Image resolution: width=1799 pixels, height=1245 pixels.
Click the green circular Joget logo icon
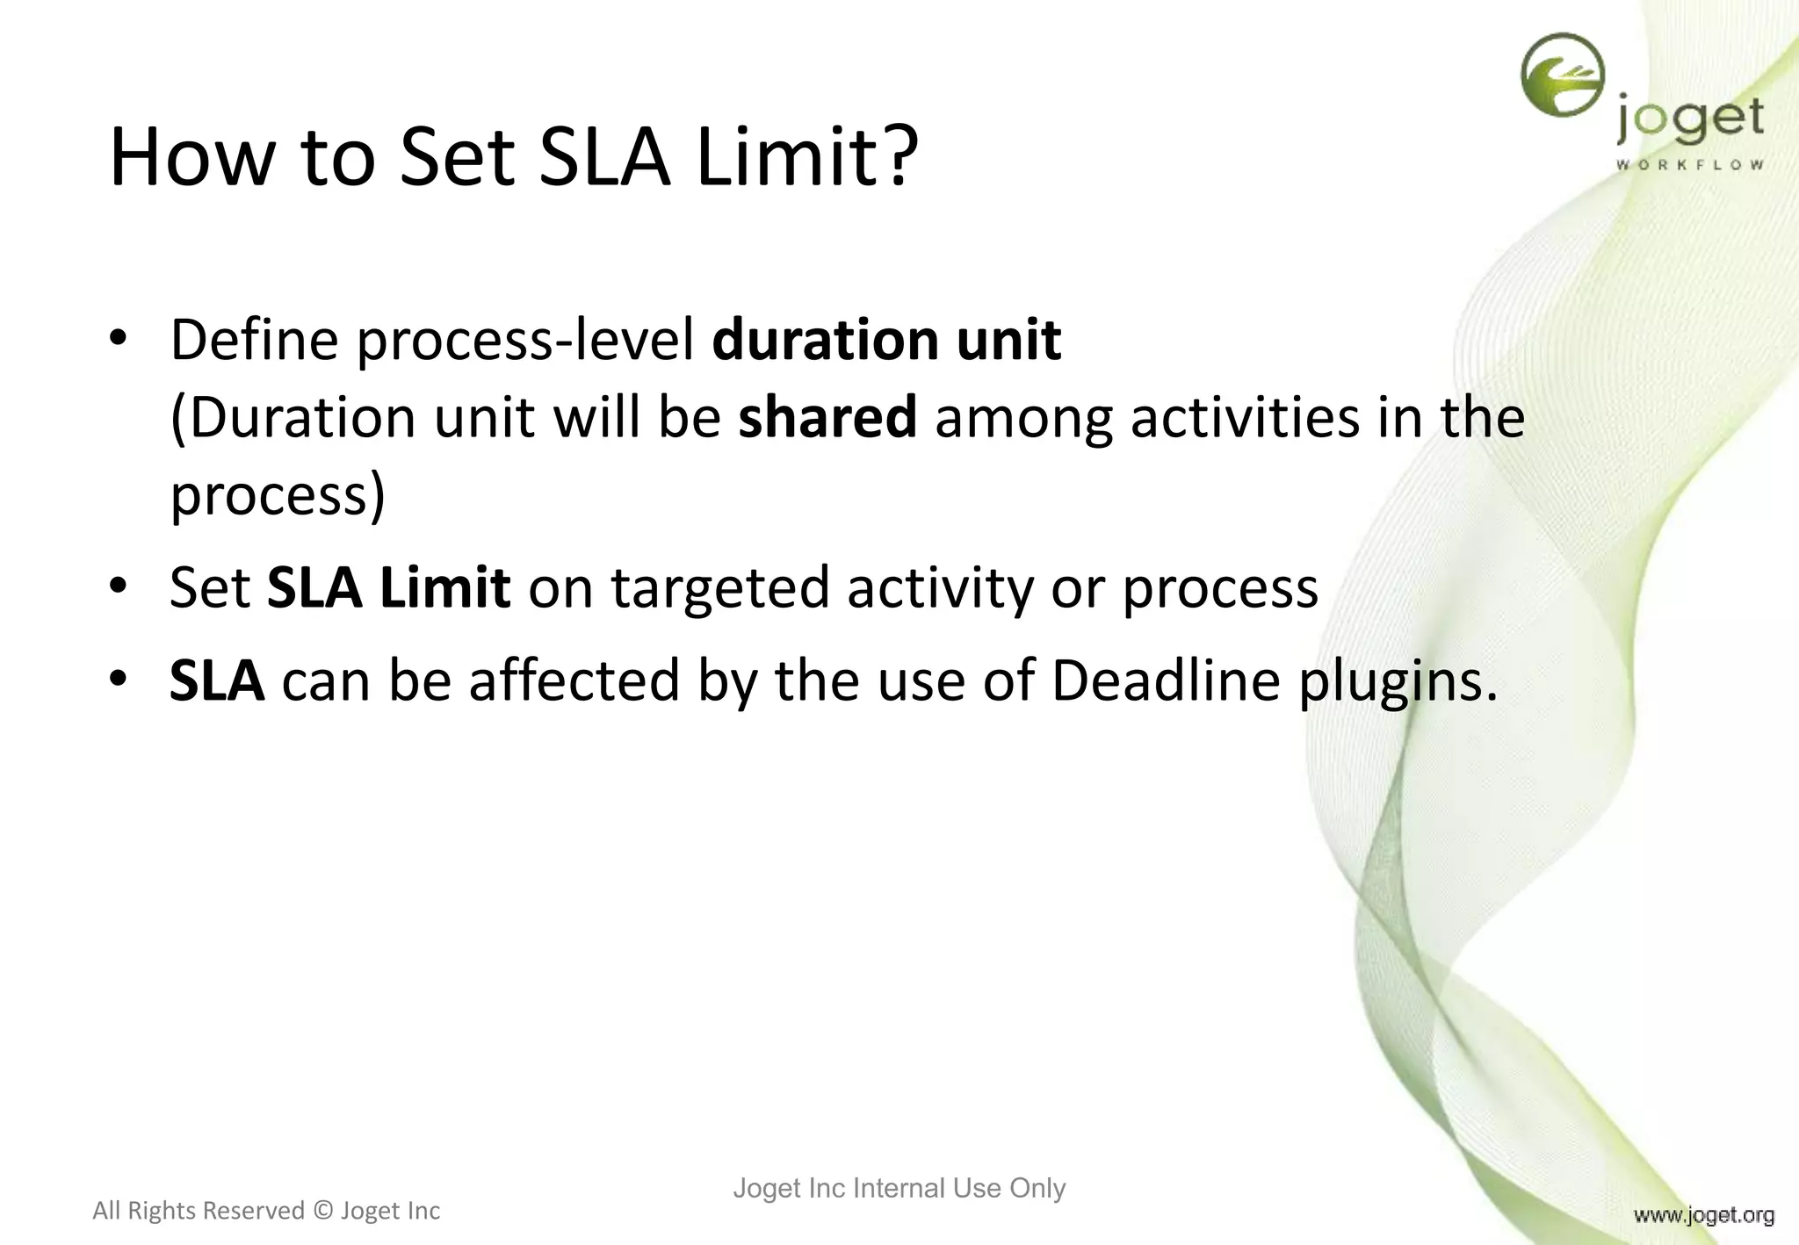(x=1562, y=76)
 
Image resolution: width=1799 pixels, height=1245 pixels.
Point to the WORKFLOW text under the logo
(x=1689, y=165)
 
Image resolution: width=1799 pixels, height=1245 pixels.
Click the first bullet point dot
(x=119, y=339)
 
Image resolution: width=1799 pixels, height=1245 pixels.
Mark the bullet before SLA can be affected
(x=119, y=679)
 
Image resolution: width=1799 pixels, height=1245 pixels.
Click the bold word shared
(x=827, y=417)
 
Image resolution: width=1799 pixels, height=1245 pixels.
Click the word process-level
(x=525, y=341)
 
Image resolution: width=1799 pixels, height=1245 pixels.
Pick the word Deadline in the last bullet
(x=1165, y=680)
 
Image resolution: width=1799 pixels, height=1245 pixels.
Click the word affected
(x=574, y=680)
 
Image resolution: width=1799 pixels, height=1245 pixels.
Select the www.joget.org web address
(x=1703, y=1215)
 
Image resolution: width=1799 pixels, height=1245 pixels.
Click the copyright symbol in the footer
(x=322, y=1211)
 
